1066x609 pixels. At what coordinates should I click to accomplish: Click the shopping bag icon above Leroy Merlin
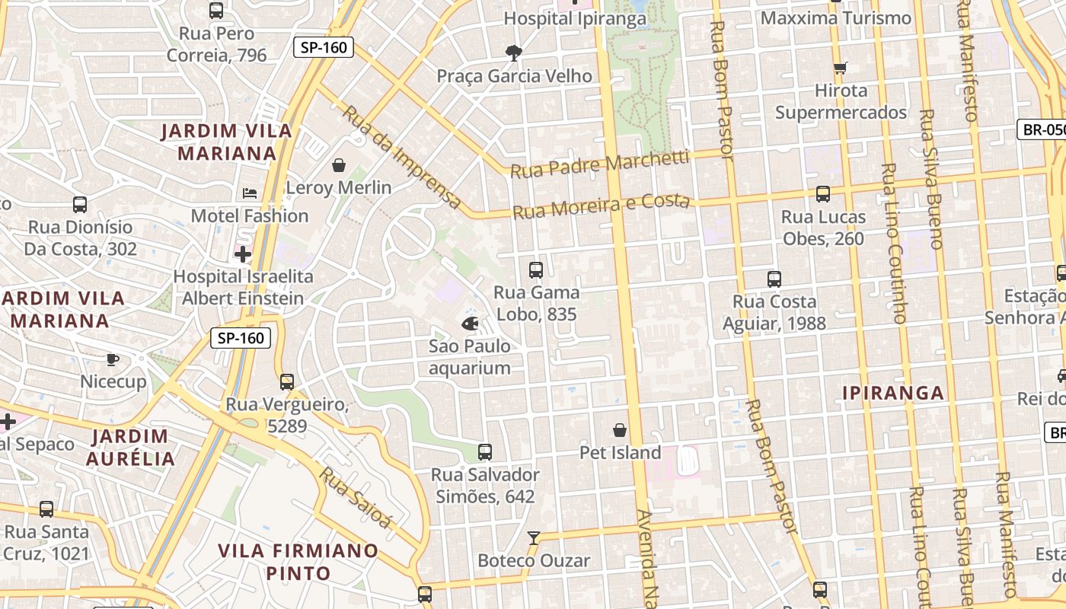click(x=339, y=165)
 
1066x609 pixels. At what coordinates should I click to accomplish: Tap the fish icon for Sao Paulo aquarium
click(x=470, y=324)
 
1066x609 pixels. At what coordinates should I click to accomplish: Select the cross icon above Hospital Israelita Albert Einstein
click(x=243, y=254)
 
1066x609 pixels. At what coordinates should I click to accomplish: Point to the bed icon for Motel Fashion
click(x=250, y=193)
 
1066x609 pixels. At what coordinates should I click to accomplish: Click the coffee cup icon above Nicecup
click(x=113, y=359)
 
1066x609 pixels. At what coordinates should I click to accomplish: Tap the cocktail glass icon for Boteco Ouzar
click(x=534, y=538)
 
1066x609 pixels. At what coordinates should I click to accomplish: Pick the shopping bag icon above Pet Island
click(x=620, y=430)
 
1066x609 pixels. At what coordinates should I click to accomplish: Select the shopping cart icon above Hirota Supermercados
click(x=841, y=69)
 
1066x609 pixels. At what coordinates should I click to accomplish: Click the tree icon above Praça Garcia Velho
click(x=514, y=53)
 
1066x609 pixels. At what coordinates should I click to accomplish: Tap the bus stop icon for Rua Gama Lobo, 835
click(x=536, y=269)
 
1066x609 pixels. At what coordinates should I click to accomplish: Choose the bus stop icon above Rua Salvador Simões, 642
click(x=485, y=451)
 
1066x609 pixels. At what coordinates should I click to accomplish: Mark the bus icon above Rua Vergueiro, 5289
click(x=287, y=381)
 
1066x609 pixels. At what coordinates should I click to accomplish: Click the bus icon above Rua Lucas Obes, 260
click(x=823, y=194)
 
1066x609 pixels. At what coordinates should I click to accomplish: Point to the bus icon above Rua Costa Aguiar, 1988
click(x=774, y=279)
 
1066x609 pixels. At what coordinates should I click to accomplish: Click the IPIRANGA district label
click(x=893, y=394)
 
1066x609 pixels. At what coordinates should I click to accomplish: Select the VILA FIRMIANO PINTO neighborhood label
click(x=298, y=561)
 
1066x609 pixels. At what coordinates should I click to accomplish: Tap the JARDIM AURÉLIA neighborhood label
click(x=130, y=448)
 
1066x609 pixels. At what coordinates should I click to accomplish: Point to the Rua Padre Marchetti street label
click(x=600, y=164)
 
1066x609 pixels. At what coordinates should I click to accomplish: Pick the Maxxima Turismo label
click(x=836, y=18)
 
